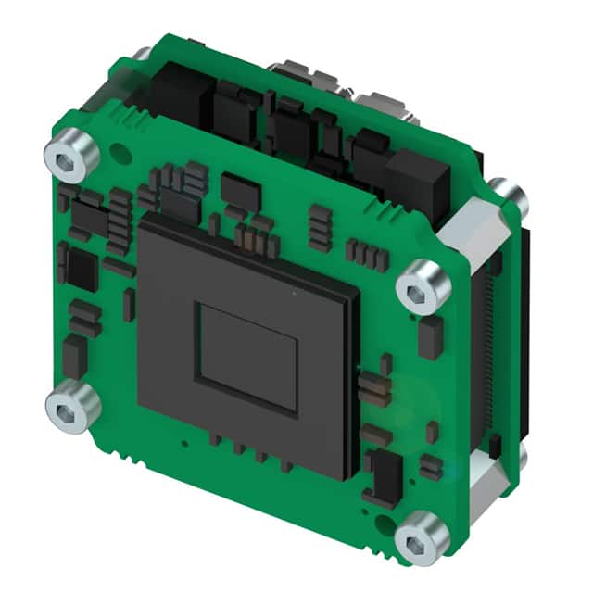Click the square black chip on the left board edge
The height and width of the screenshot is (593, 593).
(82, 269)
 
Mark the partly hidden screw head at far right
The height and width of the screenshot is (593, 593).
(508, 198)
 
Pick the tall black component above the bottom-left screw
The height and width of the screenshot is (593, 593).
(75, 356)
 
